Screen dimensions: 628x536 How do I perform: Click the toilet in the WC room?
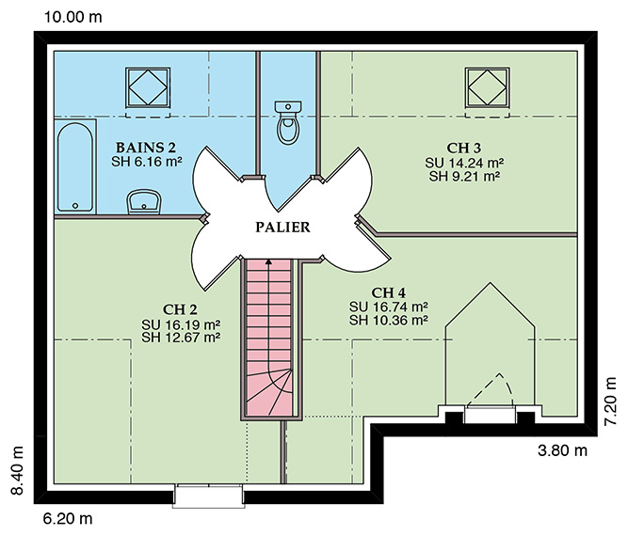287,122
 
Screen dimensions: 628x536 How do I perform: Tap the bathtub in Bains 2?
75,166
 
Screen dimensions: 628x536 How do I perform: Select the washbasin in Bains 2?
144,201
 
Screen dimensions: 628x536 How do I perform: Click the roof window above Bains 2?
148,87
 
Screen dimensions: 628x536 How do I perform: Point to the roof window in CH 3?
488,87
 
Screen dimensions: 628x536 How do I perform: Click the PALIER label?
282,228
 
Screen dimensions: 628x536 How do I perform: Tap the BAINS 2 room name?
146,148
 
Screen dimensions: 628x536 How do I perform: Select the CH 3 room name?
464,148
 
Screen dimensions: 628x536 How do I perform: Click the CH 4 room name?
389,292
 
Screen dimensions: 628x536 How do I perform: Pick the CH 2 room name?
180,309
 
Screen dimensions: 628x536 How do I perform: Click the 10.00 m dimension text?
72,17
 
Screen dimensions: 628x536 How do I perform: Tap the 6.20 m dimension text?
68,519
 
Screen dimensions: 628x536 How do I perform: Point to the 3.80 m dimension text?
562,450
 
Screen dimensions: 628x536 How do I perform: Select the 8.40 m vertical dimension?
17,470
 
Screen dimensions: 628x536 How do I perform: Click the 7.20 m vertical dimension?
610,402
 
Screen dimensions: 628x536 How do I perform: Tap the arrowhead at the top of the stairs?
268,262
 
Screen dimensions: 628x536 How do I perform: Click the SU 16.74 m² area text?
389,307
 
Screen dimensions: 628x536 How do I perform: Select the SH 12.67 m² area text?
181,338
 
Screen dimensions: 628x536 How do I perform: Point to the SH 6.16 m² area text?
147,162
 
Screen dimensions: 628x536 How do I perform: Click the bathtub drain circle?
75,206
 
